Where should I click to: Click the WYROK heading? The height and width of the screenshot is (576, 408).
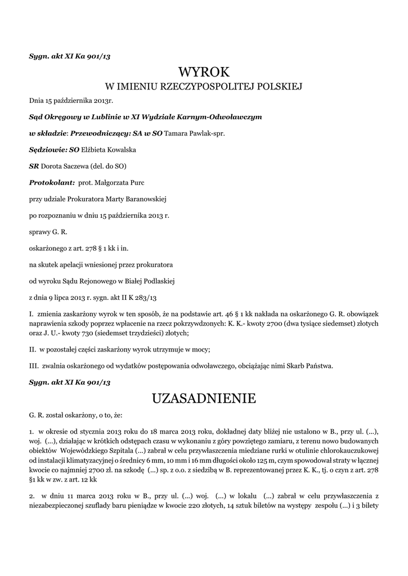click(x=204, y=72)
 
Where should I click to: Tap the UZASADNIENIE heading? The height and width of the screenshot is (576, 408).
click(x=204, y=399)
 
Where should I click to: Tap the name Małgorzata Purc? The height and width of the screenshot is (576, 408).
click(x=123, y=183)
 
